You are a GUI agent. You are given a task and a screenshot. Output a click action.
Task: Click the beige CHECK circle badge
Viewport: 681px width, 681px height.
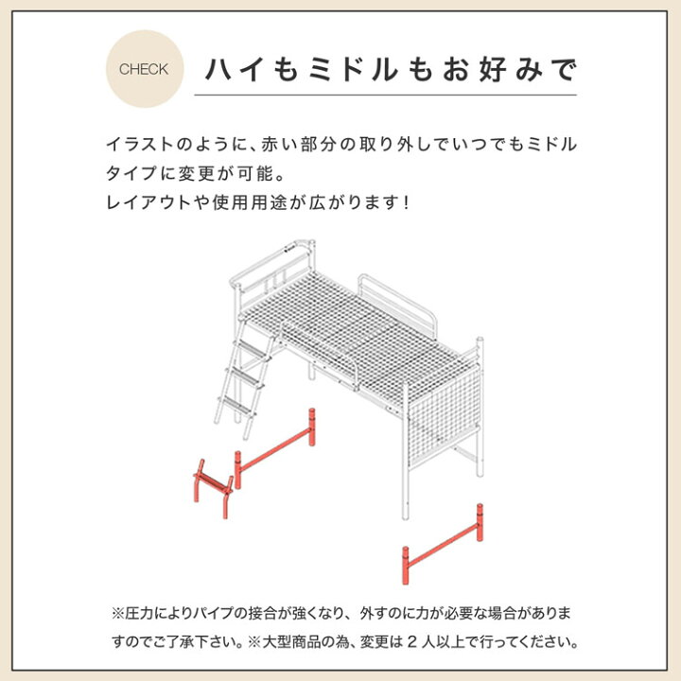(x=145, y=69)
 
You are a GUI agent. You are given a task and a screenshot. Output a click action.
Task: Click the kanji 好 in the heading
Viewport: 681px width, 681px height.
(x=493, y=69)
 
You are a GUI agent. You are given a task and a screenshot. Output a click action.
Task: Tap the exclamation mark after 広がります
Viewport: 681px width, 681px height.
(x=406, y=202)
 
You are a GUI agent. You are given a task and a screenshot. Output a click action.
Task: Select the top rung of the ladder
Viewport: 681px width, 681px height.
(x=250, y=349)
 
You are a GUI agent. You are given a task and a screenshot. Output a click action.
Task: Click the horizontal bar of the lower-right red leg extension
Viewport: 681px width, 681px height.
(x=443, y=544)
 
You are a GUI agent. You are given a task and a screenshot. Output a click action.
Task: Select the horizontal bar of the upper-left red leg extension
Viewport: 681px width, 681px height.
(x=275, y=448)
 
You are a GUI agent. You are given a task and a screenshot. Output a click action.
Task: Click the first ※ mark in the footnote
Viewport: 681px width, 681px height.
(x=118, y=613)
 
